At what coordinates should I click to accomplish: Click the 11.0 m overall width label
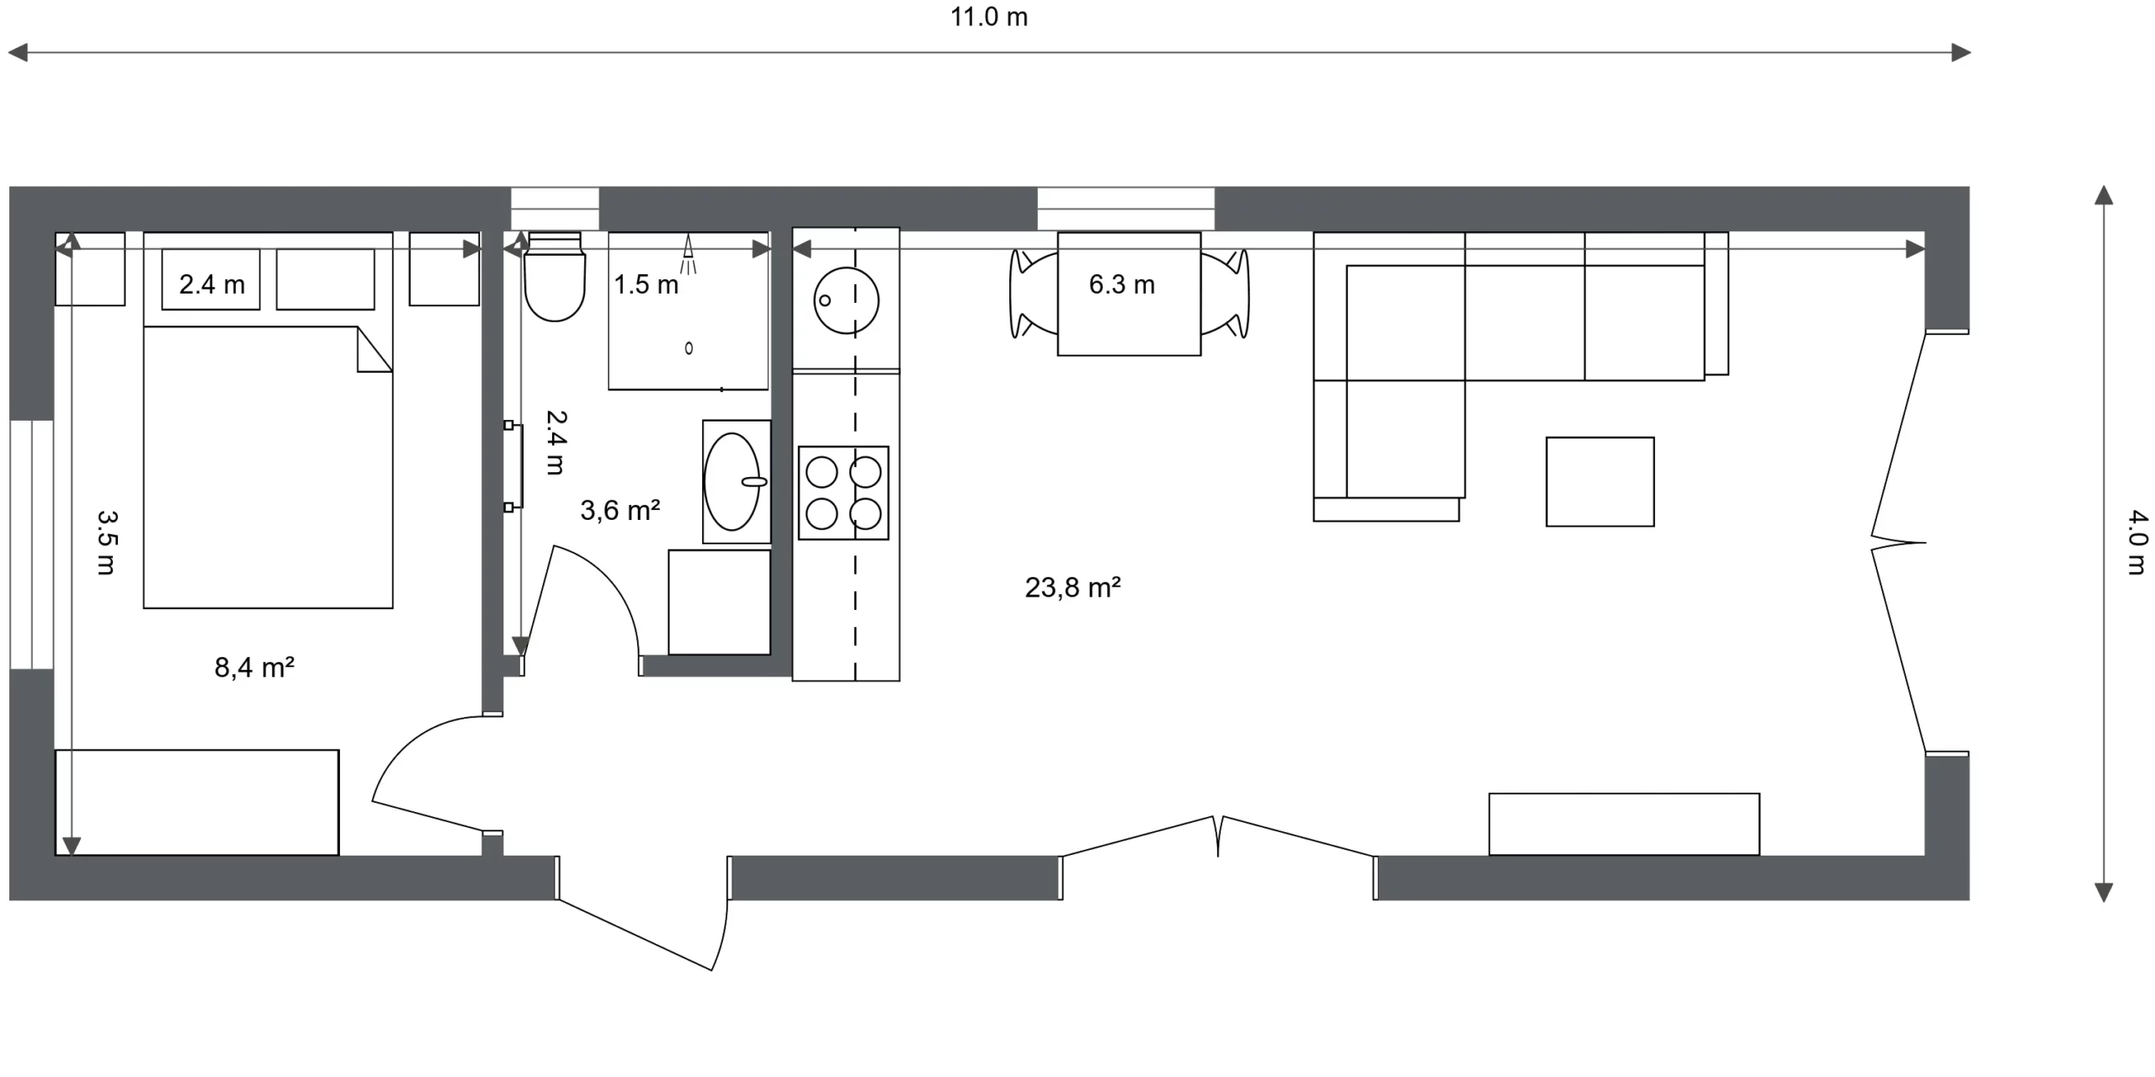click(989, 17)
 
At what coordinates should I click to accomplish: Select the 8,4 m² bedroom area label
click(254, 667)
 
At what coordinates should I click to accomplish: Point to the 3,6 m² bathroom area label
click(620, 510)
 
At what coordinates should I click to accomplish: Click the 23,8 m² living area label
click(1072, 587)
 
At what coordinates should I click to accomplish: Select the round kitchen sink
click(846, 300)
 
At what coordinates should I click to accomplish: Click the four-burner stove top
click(843, 492)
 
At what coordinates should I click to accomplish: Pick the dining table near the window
click(1129, 294)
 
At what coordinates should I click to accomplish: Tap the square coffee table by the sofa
click(1600, 481)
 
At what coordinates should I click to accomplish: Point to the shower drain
click(689, 348)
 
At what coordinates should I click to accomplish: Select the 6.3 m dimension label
click(1121, 284)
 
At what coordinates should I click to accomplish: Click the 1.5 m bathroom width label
click(646, 284)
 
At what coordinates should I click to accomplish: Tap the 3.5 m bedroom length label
click(106, 543)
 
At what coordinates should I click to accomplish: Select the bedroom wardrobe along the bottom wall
click(197, 803)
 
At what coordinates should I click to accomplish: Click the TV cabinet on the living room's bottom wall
click(1624, 825)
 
